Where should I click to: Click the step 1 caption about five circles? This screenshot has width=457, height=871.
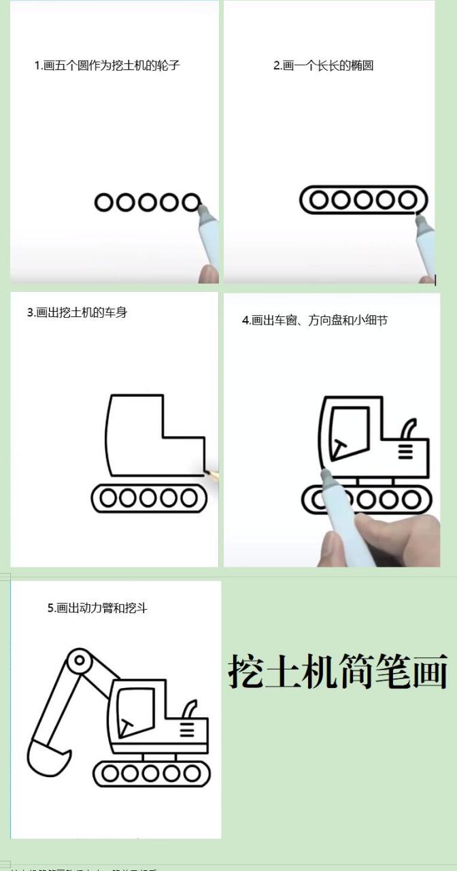(107, 66)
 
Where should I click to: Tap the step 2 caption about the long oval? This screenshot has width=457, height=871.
(323, 66)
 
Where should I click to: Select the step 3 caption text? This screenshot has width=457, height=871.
(77, 313)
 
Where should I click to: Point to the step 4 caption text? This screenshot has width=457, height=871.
(314, 321)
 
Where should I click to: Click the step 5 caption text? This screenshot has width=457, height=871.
(97, 608)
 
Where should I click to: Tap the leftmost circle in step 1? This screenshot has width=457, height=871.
(104, 202)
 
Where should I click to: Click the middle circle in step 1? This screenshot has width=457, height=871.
(148, 202)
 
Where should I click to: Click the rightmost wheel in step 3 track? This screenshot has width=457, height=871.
(190, 499)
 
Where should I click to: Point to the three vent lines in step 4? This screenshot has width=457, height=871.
(406, 450)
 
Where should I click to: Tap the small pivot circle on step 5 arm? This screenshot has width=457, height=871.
(80, 660)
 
